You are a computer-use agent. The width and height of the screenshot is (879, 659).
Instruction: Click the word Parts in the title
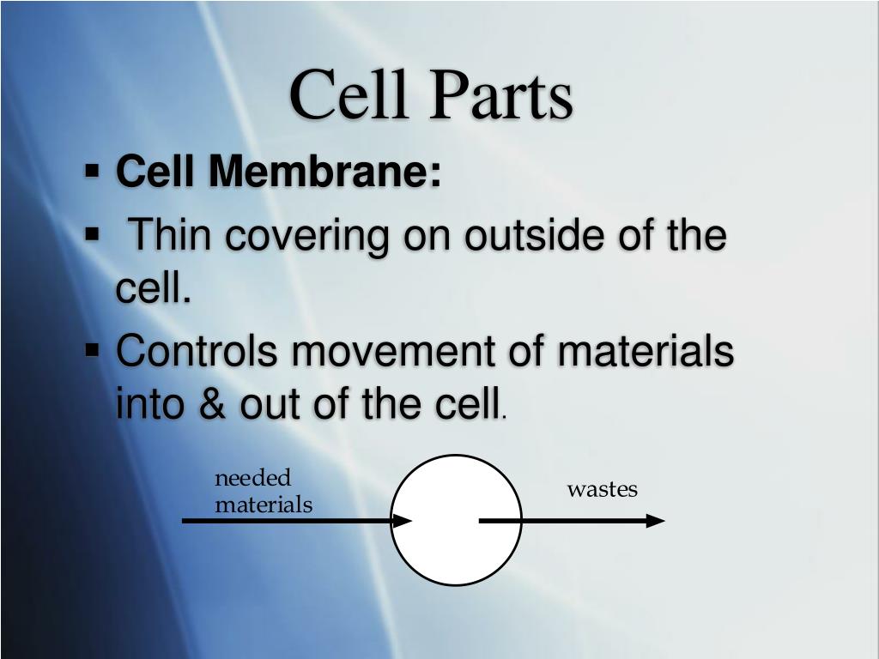(501, 94)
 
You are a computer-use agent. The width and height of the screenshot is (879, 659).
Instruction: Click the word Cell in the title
(349, 93)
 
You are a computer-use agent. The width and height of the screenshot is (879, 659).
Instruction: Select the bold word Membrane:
(324, 170)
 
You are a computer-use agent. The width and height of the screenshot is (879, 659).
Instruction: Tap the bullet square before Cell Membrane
(92, 169)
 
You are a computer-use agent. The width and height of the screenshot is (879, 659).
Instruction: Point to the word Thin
(170, 233)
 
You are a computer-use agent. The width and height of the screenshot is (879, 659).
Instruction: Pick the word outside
(534, 233)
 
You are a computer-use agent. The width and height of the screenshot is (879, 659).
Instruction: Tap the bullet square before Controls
(92, 350)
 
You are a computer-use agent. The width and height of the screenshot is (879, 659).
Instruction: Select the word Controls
(197, 350)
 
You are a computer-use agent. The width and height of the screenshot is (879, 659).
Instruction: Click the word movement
(393, 351)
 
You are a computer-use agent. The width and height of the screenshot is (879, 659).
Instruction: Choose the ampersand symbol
(212, 403)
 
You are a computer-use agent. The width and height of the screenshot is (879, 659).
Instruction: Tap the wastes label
(602, 489)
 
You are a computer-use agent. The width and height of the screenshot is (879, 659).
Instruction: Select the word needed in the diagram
(253, 478)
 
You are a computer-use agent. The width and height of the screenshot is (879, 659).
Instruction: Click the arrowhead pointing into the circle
(402, 521)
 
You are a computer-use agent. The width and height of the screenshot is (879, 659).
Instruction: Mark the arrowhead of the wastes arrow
(655, 521)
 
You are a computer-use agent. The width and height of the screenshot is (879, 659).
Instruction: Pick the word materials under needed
(264, 505)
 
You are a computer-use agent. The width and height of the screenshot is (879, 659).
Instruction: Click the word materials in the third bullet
(646, 350)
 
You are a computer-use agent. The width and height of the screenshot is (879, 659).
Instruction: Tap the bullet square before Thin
(92, 233)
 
